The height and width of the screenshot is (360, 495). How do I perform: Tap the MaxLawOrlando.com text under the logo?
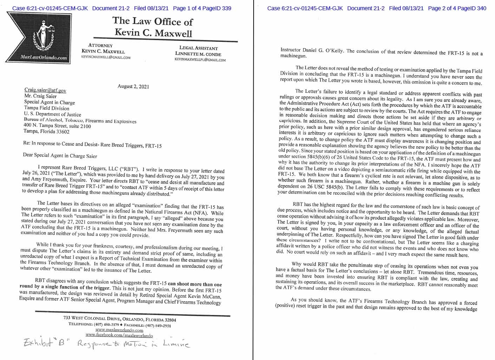pos(44,58)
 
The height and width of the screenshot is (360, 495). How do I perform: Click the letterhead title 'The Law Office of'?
pos(152,21)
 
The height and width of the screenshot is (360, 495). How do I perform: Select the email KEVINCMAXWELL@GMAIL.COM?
pos(106,57)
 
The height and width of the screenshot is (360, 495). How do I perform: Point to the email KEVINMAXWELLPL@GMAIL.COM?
pos(200,60)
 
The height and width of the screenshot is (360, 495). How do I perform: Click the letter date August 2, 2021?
pos(133,86)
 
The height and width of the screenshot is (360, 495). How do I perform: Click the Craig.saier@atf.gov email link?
pos(45,90)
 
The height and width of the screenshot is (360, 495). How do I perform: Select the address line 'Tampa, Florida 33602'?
pos(46,131)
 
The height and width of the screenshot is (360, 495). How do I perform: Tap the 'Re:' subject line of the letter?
pos(92,144)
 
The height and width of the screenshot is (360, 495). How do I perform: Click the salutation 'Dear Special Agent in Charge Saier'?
pos(60,155)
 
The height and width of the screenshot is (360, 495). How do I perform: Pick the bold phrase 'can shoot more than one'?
pos(195,284)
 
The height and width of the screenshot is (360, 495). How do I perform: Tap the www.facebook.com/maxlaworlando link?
pos(119,336)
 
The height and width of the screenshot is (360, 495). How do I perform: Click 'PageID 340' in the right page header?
pos(473,8)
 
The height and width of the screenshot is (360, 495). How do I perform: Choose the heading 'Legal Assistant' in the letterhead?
pos(198,48)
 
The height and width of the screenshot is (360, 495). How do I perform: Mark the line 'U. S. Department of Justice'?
pos(52,114)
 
